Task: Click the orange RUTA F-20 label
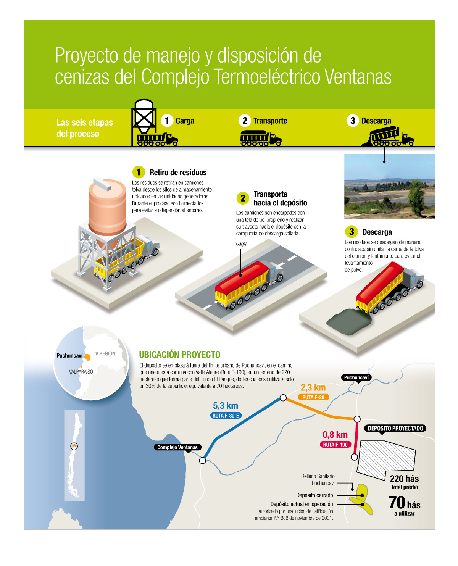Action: point(313,397)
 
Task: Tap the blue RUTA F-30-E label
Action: point(226,416)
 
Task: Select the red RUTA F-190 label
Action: point(335,445)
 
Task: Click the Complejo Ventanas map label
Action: point(177,447)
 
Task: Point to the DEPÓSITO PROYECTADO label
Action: point(395,428)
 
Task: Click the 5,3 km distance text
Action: point(225,406)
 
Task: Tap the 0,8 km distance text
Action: point(335,435)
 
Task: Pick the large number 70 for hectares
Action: point(397,503)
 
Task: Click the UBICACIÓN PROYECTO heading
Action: point(180,355)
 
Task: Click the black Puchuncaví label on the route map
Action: point(356,377)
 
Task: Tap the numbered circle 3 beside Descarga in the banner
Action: point(352,121)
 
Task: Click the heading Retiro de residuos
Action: point(178,173)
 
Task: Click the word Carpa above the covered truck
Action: point(242,243)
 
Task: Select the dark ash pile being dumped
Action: point(349,323)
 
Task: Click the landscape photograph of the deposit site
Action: point(389,186)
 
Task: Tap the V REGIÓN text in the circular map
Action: point(105,353)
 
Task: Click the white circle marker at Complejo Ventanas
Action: point(203,460)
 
